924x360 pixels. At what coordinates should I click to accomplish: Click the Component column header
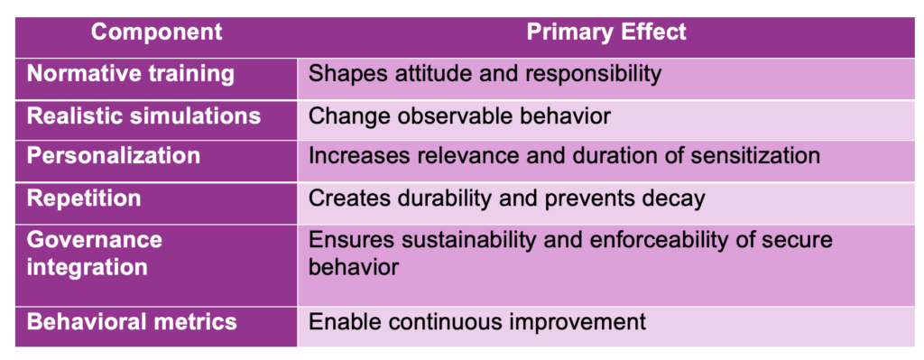[156, 32]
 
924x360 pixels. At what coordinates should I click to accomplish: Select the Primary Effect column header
[606, 32]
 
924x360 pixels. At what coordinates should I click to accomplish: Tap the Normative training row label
[131, 75]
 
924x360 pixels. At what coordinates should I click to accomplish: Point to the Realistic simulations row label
[143, 115]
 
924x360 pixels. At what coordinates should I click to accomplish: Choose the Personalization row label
[114, 156]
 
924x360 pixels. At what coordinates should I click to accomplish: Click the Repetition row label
[84, 198]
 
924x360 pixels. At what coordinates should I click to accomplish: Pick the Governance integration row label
[94, 254]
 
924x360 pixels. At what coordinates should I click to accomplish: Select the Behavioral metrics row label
[132, 322]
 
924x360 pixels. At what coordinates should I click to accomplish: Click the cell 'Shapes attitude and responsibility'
[485, 75]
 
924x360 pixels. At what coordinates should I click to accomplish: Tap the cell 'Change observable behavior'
[459, 116]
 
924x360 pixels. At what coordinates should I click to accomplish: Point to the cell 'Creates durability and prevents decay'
[507, 198]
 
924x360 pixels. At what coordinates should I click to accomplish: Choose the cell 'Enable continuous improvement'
[477, 322]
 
